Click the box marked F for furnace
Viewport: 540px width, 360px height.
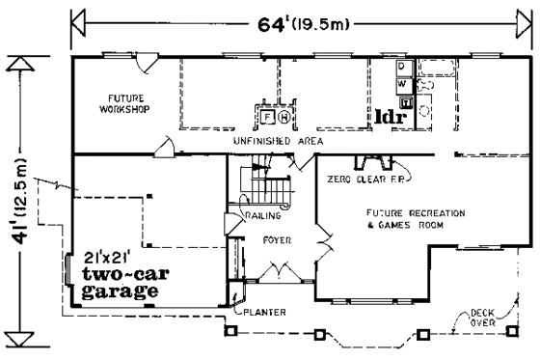(267, 116)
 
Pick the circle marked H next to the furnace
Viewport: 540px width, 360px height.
(284, 117)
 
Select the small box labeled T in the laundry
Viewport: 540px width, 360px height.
(406, 101)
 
